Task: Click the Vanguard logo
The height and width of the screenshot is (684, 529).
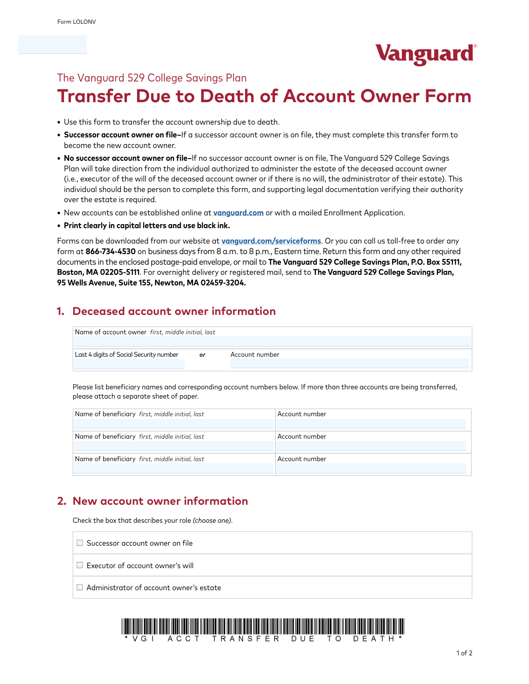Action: (x=425, y=54)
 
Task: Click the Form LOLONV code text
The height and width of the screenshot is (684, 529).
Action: (x=76, y=22)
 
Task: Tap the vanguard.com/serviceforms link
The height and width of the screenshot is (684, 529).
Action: (x=271, y=241)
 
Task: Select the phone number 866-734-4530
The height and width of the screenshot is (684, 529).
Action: (x=111, y=251)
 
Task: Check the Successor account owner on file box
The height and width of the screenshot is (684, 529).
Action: (x=80, y=543)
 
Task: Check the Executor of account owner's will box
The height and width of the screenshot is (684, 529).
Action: (x=80, y=565)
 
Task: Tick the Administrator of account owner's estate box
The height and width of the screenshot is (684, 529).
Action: (x=80, y=587)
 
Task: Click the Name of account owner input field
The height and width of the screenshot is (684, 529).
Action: (x=272, y=341)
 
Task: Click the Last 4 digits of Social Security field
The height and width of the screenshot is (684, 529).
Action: (x=129, y=364)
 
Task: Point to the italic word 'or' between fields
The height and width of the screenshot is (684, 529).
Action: (x=202, y=355)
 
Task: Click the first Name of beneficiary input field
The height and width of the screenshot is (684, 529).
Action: (x=173, y=424)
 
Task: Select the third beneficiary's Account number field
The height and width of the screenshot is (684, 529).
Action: (x=371, y=468)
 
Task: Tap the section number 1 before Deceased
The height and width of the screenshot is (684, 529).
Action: (x=60, y=311)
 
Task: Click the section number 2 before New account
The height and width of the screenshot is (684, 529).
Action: (x=62, y=501)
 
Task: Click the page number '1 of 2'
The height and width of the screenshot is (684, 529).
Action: (x=464, y=653)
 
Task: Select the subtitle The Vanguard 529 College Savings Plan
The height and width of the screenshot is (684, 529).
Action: (x=152, y=78)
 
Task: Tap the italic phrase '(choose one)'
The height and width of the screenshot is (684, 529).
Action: (x=212, y=521)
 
